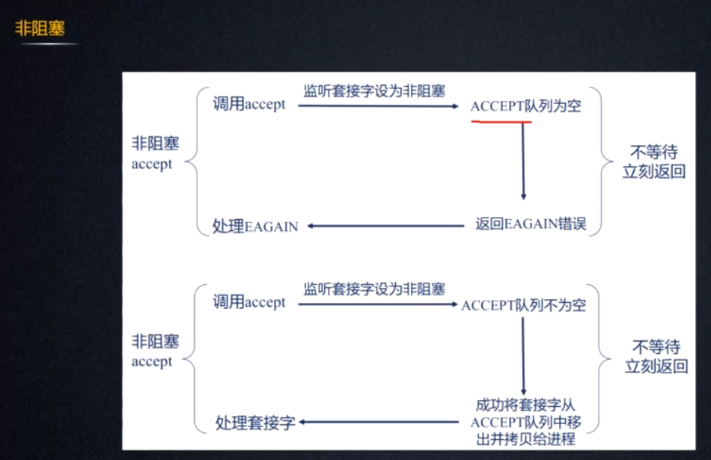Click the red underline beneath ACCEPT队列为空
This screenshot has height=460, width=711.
coord(501,122)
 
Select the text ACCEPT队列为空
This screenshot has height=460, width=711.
coord(525,106)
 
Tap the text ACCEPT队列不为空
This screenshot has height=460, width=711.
coord(523,305)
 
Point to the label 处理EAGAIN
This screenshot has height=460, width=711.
coord(255,226)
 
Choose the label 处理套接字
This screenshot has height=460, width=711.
coord(254,423)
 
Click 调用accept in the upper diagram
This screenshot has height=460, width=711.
coord(249,104)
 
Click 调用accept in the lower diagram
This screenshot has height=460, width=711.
coord(249,302)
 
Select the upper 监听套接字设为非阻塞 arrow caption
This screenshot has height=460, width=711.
coord(374,91)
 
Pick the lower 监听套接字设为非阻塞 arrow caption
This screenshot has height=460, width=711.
coord(374,288)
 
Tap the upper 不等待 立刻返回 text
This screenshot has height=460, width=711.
coord(654,162)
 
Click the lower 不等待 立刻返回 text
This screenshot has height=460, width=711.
coord(656,356)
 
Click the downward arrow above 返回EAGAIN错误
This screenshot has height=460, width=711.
coord(523,161)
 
